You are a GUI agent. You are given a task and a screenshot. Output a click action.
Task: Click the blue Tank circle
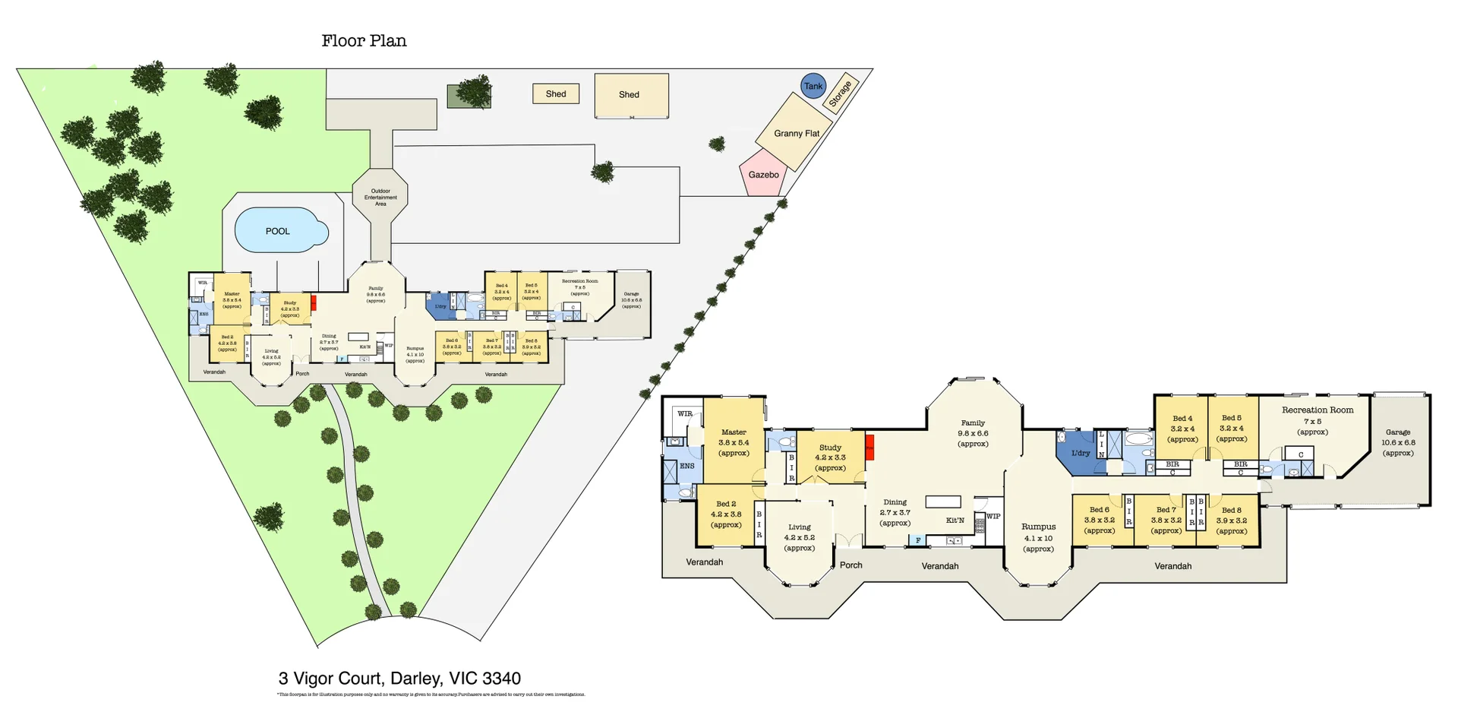click(x=813, y=85)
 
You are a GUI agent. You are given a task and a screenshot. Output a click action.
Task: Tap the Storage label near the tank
click(x=840, y=93)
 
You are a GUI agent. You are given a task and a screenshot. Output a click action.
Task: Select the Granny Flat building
click(x=796, y=132)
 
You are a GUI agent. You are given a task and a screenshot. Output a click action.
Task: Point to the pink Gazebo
click(x=763, y=174)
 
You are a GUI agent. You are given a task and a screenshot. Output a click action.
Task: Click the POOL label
click(x=277, y=231)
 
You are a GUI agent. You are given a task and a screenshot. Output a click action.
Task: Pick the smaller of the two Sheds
click(x=556, y=93)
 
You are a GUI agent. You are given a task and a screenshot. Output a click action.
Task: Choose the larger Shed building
click(x=630, y=95)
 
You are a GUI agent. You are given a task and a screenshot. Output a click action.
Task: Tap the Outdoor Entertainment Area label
click(x=380, y=197)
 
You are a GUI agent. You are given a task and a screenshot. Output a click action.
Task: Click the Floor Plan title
click(x=364, y=40)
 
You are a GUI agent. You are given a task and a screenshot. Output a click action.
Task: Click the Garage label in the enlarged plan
click(x=1397, y=432)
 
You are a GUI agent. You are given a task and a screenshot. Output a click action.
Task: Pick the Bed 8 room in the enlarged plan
click(x=1231, y=521)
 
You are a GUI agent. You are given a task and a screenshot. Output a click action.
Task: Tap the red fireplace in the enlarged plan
click(x=869, y=447)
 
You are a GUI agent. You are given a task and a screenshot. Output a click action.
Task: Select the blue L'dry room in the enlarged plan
click(x=1079, y=454)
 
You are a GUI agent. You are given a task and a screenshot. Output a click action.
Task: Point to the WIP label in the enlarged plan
click(x=993, y=517)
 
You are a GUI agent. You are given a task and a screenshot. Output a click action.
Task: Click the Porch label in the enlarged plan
click(x=850, y=565)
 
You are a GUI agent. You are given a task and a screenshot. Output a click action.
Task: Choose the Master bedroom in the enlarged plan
click(x=734, y=442)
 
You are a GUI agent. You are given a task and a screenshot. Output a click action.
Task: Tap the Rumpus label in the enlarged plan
click(x=1038, y=527)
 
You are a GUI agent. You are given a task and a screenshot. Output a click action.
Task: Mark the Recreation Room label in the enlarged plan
click(x=1318, y=410)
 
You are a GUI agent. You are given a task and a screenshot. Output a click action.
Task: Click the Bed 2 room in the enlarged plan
click(x=726, y=514)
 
